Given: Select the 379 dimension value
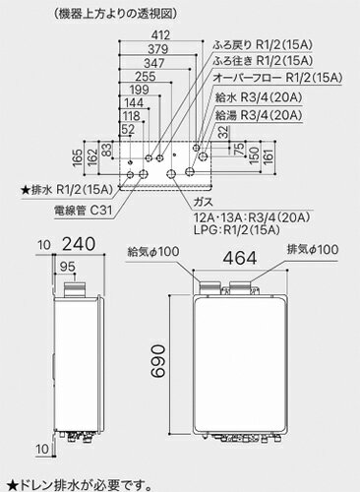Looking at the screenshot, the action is pyautogui.click(x=135, y=52).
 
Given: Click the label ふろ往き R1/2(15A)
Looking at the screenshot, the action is pyautogui.click(x=262, y=59).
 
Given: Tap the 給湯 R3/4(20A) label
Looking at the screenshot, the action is pyautogui.click(x=260, y=116).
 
